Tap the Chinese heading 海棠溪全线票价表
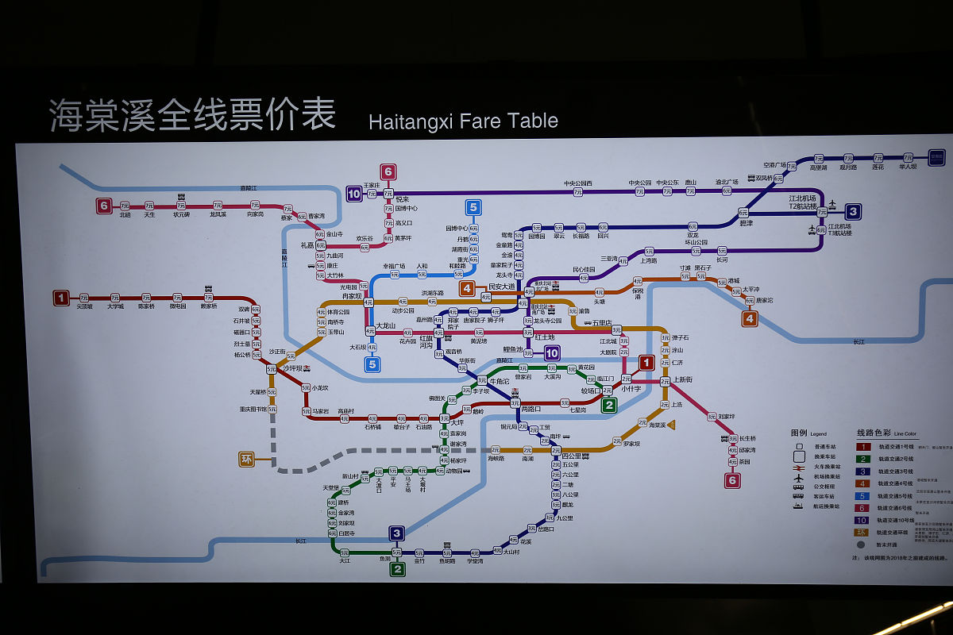pos(192,114)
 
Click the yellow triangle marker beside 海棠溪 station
pos(671,425)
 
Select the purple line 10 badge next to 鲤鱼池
pos(552,353)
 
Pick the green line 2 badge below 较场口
pos(609,405)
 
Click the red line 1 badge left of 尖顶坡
pos(61,298)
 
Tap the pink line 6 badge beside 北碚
pos(103,206)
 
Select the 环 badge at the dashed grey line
pos(247,459)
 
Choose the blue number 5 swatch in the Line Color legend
pos(862,496)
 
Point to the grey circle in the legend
pos(862,545)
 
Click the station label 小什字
pos(631,389)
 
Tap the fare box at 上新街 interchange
pos(666,381)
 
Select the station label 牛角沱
pos(499,381)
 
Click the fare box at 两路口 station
pos(515,403)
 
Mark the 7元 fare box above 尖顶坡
pos(84,298)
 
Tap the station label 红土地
pos(544,337)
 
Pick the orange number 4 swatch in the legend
pos(862,484)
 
